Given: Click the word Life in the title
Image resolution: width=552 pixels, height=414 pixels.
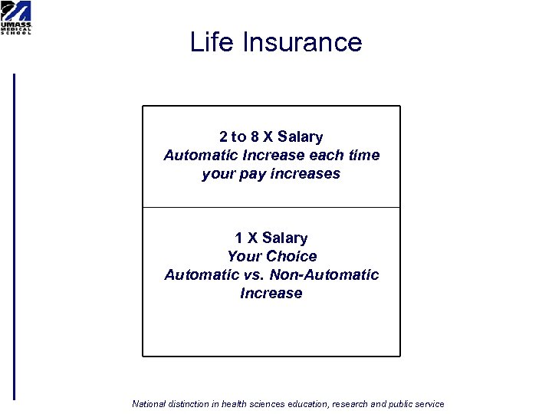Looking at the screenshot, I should click(x=212, y=41).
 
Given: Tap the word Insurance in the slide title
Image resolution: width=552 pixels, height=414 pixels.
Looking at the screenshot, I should click(x=302, y=41).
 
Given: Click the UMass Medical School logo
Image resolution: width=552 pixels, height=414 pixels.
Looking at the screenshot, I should click(x=16, y=18).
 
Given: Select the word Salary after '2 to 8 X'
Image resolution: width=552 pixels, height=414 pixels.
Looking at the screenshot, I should click(x=301, y=137).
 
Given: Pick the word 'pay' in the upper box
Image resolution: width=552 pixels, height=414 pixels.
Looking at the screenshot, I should click(x=249, y=174).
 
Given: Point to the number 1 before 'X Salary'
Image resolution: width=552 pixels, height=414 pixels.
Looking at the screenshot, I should click(x=239, y=238).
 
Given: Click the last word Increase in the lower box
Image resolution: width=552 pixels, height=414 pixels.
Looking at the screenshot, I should click(x=271, y=294).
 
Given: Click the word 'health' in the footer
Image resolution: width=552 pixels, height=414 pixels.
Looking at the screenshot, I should click(x=237, y=404).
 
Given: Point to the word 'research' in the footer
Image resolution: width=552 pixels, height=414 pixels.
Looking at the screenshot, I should click(x=349, y=404).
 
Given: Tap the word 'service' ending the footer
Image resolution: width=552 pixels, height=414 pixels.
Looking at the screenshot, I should click(x=429, y=404).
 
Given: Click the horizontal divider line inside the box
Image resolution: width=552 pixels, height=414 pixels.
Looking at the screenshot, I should click(x=271, y=208).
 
